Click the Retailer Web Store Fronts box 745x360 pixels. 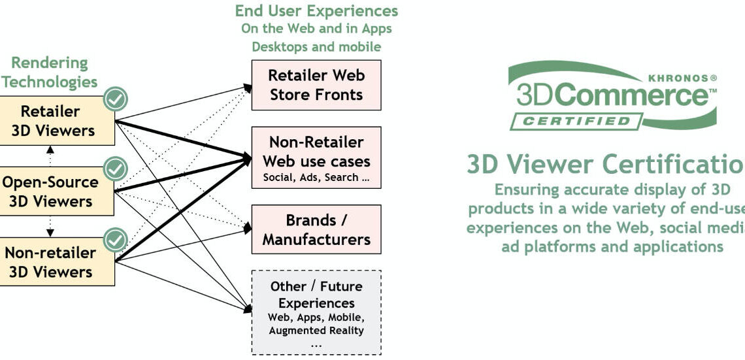(316, 85)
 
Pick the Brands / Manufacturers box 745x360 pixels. (316, 229)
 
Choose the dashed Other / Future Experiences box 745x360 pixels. (316, 312)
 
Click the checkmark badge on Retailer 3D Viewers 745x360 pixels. (116, 99)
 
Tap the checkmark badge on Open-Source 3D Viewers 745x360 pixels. (116, 169)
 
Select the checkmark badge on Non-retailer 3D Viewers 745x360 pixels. (116, 240)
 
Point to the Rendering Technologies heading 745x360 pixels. (50, 73)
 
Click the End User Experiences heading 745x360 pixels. (316, 11)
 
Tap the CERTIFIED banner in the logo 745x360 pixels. (576, 122)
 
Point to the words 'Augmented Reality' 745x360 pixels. (316, 330)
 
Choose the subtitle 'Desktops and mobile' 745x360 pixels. (316, 46)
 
